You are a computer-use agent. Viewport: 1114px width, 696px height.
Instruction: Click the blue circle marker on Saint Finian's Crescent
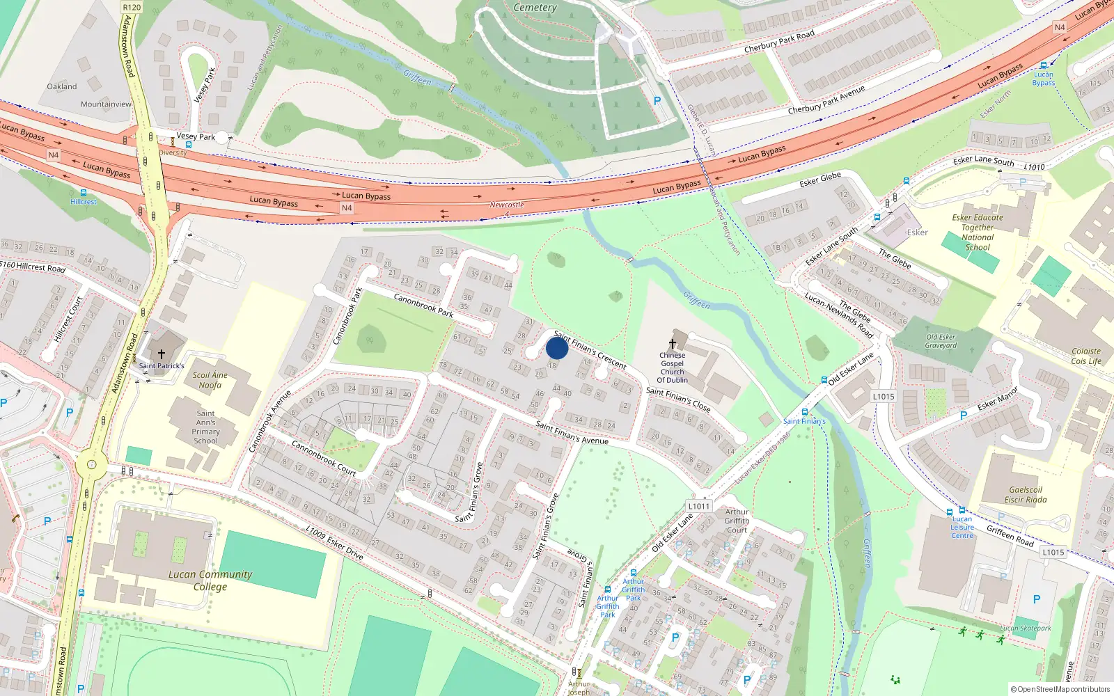(557, 348)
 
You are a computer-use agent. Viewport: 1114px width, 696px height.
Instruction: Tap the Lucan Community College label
(210, 580)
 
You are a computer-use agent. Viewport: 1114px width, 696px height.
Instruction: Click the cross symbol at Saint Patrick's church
(162, 354)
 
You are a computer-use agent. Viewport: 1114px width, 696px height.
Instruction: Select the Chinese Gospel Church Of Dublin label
(673, 367)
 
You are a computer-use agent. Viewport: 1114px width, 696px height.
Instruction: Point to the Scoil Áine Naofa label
(210, 380)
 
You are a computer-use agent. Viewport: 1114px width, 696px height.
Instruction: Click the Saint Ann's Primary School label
(206, 427)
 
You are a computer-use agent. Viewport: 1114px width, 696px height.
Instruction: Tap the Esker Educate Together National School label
(978, 232)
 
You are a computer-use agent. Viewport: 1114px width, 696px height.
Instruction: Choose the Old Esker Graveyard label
(941, 341)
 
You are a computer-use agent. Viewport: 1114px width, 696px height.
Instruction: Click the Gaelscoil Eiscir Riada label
(1026, 494)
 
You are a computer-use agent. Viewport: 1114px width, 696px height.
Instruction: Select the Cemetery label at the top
(535, 8)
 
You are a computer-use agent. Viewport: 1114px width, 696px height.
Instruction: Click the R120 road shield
(132, 7)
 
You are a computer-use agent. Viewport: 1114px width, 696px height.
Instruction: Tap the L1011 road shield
(699, 506)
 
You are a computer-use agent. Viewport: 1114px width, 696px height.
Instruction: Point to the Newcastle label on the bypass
(507, 205)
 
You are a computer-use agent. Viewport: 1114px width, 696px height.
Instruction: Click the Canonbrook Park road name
(423, 305)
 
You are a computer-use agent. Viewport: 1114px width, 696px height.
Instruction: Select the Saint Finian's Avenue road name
(572, 432)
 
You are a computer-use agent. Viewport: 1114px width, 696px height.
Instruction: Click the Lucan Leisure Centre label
(962, 527)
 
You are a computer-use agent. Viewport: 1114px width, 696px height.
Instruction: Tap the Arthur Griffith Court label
(737, 521)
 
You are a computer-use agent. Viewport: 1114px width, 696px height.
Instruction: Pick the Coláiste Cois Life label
(1086, 356)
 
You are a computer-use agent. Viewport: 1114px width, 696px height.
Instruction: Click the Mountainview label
(106, 104)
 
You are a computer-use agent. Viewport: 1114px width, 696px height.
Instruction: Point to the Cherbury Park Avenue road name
(826, 100)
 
